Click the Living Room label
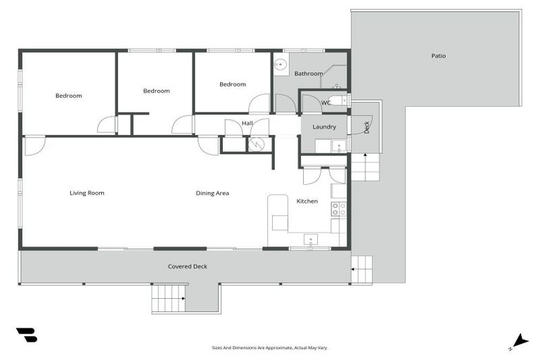point(86,193)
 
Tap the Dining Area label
point(212,193)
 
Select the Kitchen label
point(307,201)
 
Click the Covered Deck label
point(188,266)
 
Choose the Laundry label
point(324,127)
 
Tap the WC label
point(326,103)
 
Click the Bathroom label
point(308,73)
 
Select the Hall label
point(247,124)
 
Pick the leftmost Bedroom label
point(69,96)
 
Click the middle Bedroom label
point(156,91)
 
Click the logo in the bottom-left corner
point(27,335)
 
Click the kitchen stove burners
point(339,208)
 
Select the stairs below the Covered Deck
point(169,298)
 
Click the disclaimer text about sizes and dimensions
point(270,347)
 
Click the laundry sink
point(339,146)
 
